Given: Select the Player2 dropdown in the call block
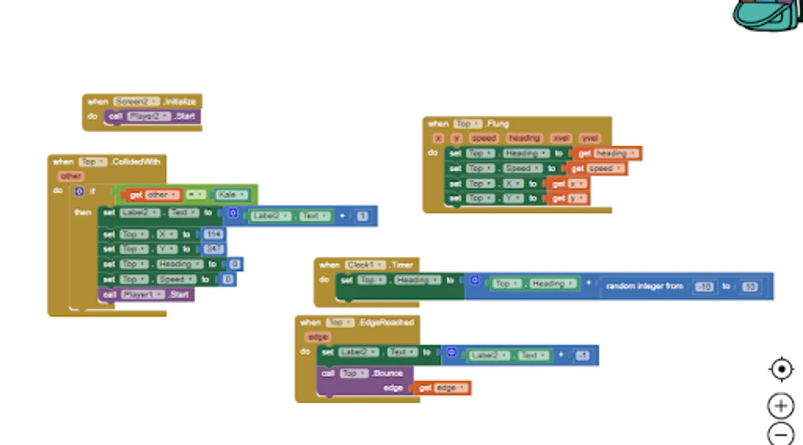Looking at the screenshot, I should tap(149, 117).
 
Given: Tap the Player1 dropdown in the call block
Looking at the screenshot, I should tap(143, 295).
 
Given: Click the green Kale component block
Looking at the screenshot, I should tap(231, 195).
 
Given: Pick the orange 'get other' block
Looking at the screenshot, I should tap(152, 195).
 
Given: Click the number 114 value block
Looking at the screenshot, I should tap(213, 234).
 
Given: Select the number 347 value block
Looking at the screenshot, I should tap(213, 249).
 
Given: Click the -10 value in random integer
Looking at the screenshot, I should tap(704, 287).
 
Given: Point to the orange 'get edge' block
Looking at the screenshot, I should tap(442, 388).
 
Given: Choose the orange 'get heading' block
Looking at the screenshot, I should tap(608, 154).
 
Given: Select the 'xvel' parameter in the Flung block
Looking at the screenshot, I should tap(561, 138).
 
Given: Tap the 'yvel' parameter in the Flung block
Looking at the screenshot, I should tap(590, 138).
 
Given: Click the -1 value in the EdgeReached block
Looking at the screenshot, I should tap(582, 356).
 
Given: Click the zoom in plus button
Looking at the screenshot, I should tap(781, 406).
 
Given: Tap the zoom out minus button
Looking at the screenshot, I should tap(781, 435).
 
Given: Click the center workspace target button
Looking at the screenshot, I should tap(781, 369).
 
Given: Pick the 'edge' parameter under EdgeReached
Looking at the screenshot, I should tap(318, 337).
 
